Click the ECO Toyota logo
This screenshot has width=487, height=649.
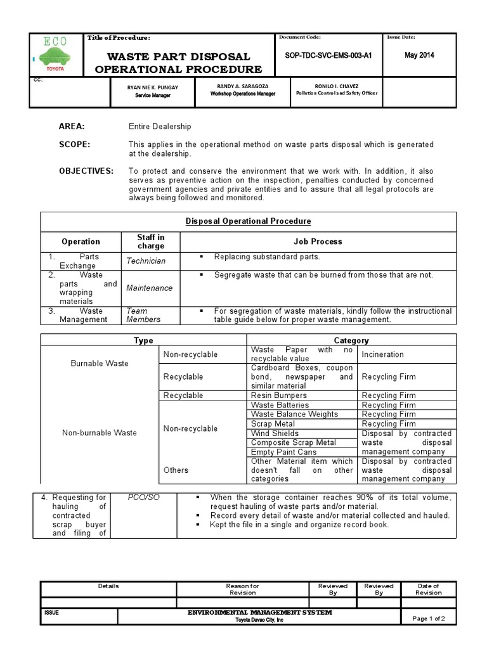point(56,53)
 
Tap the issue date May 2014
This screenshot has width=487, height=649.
point(419,55)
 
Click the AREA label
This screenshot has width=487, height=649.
point(72,127)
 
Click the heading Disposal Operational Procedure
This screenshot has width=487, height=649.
point(248,221)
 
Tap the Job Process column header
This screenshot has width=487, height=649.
point(318,241)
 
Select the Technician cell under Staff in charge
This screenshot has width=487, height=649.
point(146,261)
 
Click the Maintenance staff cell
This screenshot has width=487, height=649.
point(149,288)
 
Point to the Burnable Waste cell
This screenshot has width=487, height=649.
point(99,364)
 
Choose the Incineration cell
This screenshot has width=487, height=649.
point(382,354)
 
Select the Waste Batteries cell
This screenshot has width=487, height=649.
point(280,405)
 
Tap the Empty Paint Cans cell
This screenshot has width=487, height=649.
point(284,452)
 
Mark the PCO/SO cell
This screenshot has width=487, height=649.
point(143,497)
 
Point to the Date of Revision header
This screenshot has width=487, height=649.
point(428,589)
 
